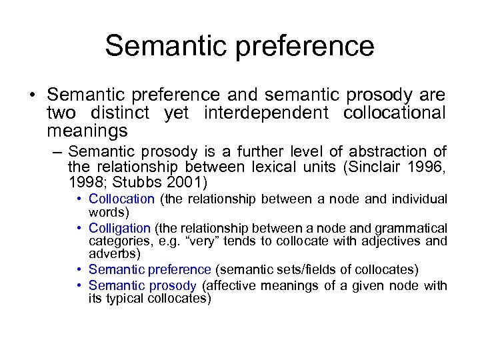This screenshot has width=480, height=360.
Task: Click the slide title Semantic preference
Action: click(239, 46)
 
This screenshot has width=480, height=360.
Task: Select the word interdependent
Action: click(257, 113)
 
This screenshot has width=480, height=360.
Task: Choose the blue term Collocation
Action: click(121, 199)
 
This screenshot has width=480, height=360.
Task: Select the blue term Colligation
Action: click(120, 228)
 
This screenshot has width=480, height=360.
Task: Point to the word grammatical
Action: click(413, 228)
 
